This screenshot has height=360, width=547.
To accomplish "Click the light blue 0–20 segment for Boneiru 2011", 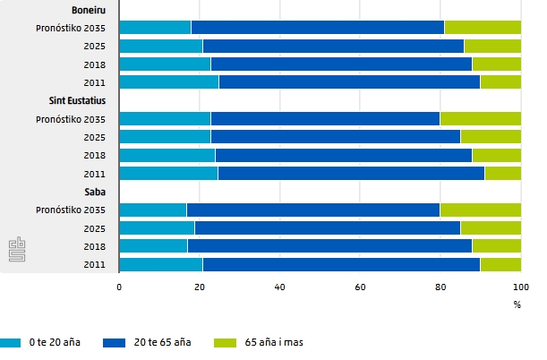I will point(168,82).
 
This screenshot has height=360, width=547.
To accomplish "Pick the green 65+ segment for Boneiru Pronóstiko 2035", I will point(483,28).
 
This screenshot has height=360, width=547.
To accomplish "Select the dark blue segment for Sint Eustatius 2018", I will point(343,155).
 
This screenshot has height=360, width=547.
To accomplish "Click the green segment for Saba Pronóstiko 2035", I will point(480,210).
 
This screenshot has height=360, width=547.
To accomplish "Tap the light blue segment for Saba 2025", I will point(157,227).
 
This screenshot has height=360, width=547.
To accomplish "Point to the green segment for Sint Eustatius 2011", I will point(502,173).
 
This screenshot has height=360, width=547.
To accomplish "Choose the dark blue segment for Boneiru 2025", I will point(333,46).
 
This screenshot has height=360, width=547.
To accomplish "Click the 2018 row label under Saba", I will point(96,246).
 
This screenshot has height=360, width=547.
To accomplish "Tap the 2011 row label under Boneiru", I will point(96,82).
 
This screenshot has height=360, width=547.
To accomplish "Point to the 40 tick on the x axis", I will point(279,287).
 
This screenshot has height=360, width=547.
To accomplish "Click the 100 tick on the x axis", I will point(520,287).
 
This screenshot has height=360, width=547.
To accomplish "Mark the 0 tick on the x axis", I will point(119,287).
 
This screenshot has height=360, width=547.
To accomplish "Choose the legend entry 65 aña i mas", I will point(269,342).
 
